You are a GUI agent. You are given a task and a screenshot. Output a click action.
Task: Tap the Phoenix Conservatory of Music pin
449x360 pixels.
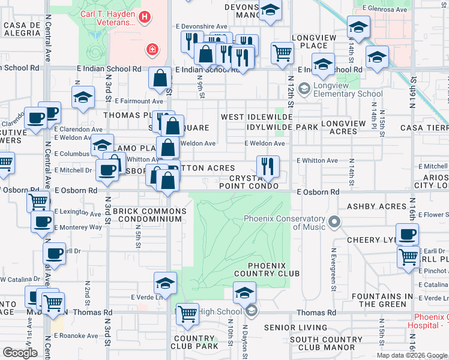click(334, 223)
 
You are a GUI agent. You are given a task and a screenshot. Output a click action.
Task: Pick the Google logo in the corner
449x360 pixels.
click(20, 353)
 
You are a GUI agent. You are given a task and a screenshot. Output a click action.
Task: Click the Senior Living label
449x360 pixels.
click(291, 328)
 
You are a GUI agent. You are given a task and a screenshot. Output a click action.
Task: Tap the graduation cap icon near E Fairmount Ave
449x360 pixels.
click(82, 97)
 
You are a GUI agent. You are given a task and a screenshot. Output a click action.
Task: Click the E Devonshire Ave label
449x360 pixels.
click(202, 26)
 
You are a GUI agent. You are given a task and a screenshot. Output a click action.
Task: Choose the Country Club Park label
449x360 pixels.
click(194, 342)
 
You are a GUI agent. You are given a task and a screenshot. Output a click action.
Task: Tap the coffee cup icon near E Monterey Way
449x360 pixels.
click(42, 222)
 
